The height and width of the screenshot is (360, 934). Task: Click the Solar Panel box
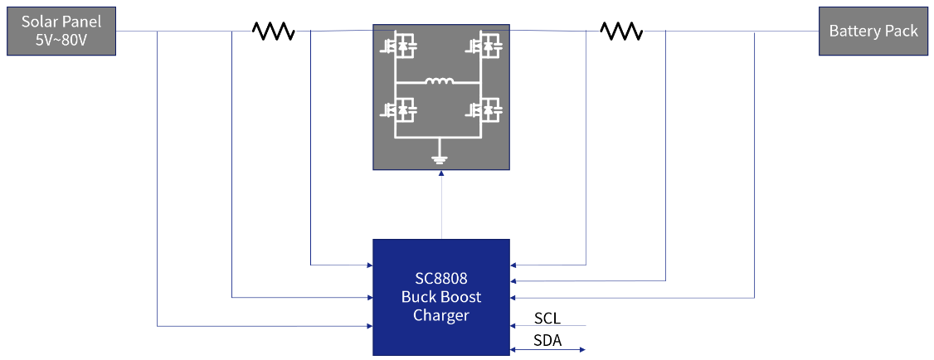(61, 32)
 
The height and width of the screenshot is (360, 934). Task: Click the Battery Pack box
(873, 32)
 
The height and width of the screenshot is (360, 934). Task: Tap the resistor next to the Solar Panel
(274, 32)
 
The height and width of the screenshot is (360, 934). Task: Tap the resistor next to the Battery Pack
(621, 32)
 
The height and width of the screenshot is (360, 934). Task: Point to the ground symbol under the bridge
(440, 159)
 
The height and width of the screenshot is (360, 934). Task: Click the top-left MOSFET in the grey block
(398, 46)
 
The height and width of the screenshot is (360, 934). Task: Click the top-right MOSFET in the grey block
(488, 46)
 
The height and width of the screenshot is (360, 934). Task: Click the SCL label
(547, 318)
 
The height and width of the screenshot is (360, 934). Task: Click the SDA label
(547, 341)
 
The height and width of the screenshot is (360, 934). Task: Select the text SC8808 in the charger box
(440, 279)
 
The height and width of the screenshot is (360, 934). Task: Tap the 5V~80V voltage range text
(61, 40)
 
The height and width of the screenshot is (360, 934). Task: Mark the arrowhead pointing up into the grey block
(441, 174)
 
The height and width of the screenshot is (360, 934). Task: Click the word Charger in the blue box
(440, 316)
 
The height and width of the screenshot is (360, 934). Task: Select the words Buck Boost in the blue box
(440, 297)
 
